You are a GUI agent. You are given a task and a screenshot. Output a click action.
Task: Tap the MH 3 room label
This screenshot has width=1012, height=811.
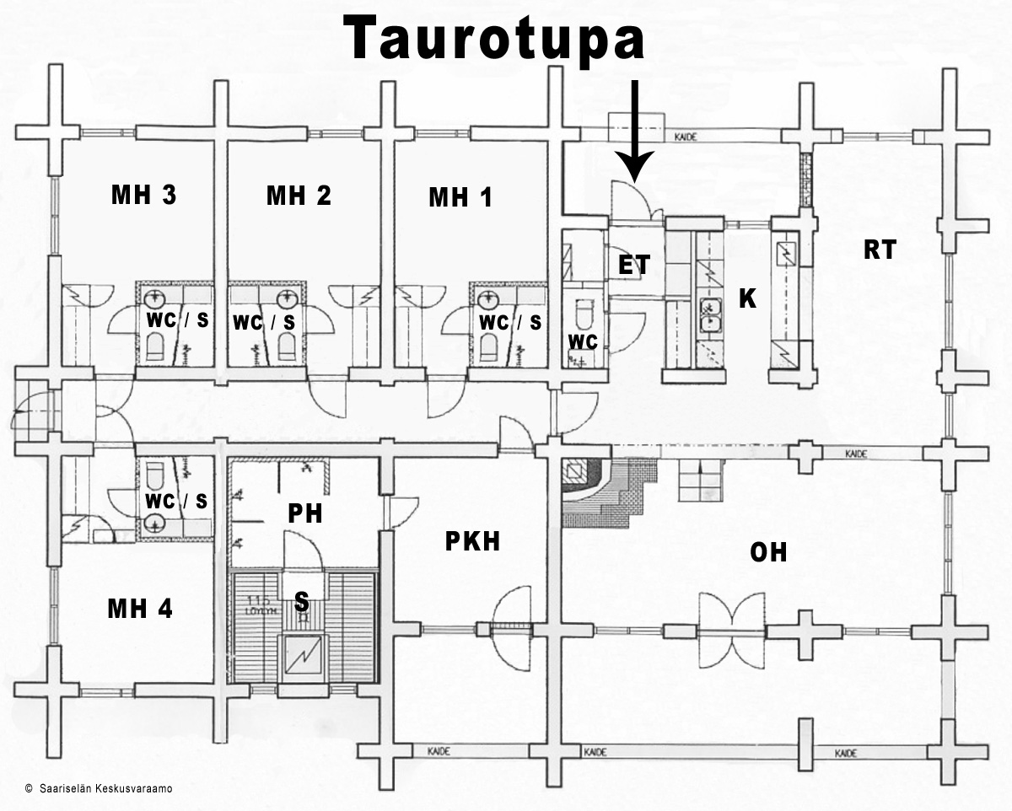pyautogui.click(x=143, y=196)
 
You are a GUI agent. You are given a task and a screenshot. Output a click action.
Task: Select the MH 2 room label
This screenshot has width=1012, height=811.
pyautogui.click(x=299, y=196)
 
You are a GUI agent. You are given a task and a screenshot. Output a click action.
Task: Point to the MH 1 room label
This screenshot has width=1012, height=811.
pyautogui.click(x=460, y=198)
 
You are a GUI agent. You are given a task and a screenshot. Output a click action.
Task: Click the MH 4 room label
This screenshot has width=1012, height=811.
pyautogui.click(x=140, y=609)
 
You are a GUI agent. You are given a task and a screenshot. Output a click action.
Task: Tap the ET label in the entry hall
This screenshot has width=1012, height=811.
pyautogui.click(x=634, y=265)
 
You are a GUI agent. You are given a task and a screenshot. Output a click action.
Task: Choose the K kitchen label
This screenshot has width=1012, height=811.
pyautogui.click(x=747, y=298)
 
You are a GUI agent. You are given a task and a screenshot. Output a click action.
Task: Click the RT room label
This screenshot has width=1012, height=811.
pyautogui.click(x=880, y=250)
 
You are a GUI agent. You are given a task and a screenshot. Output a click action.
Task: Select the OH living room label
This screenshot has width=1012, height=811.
pyautogui.click(x=768, y=552)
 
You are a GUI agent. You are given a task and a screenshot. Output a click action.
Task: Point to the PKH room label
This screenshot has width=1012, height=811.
pyautogui.click(x=472, y=542)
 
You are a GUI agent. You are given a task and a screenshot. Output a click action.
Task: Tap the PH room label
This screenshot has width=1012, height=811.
pyautogui.click(x=304, y=513)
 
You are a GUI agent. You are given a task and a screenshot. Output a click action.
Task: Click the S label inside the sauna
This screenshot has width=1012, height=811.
pyautogui.click(x=301, y=601)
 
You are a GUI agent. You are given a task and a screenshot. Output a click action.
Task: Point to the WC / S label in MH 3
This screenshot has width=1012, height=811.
pyautogui.click(x=176, y=321)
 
